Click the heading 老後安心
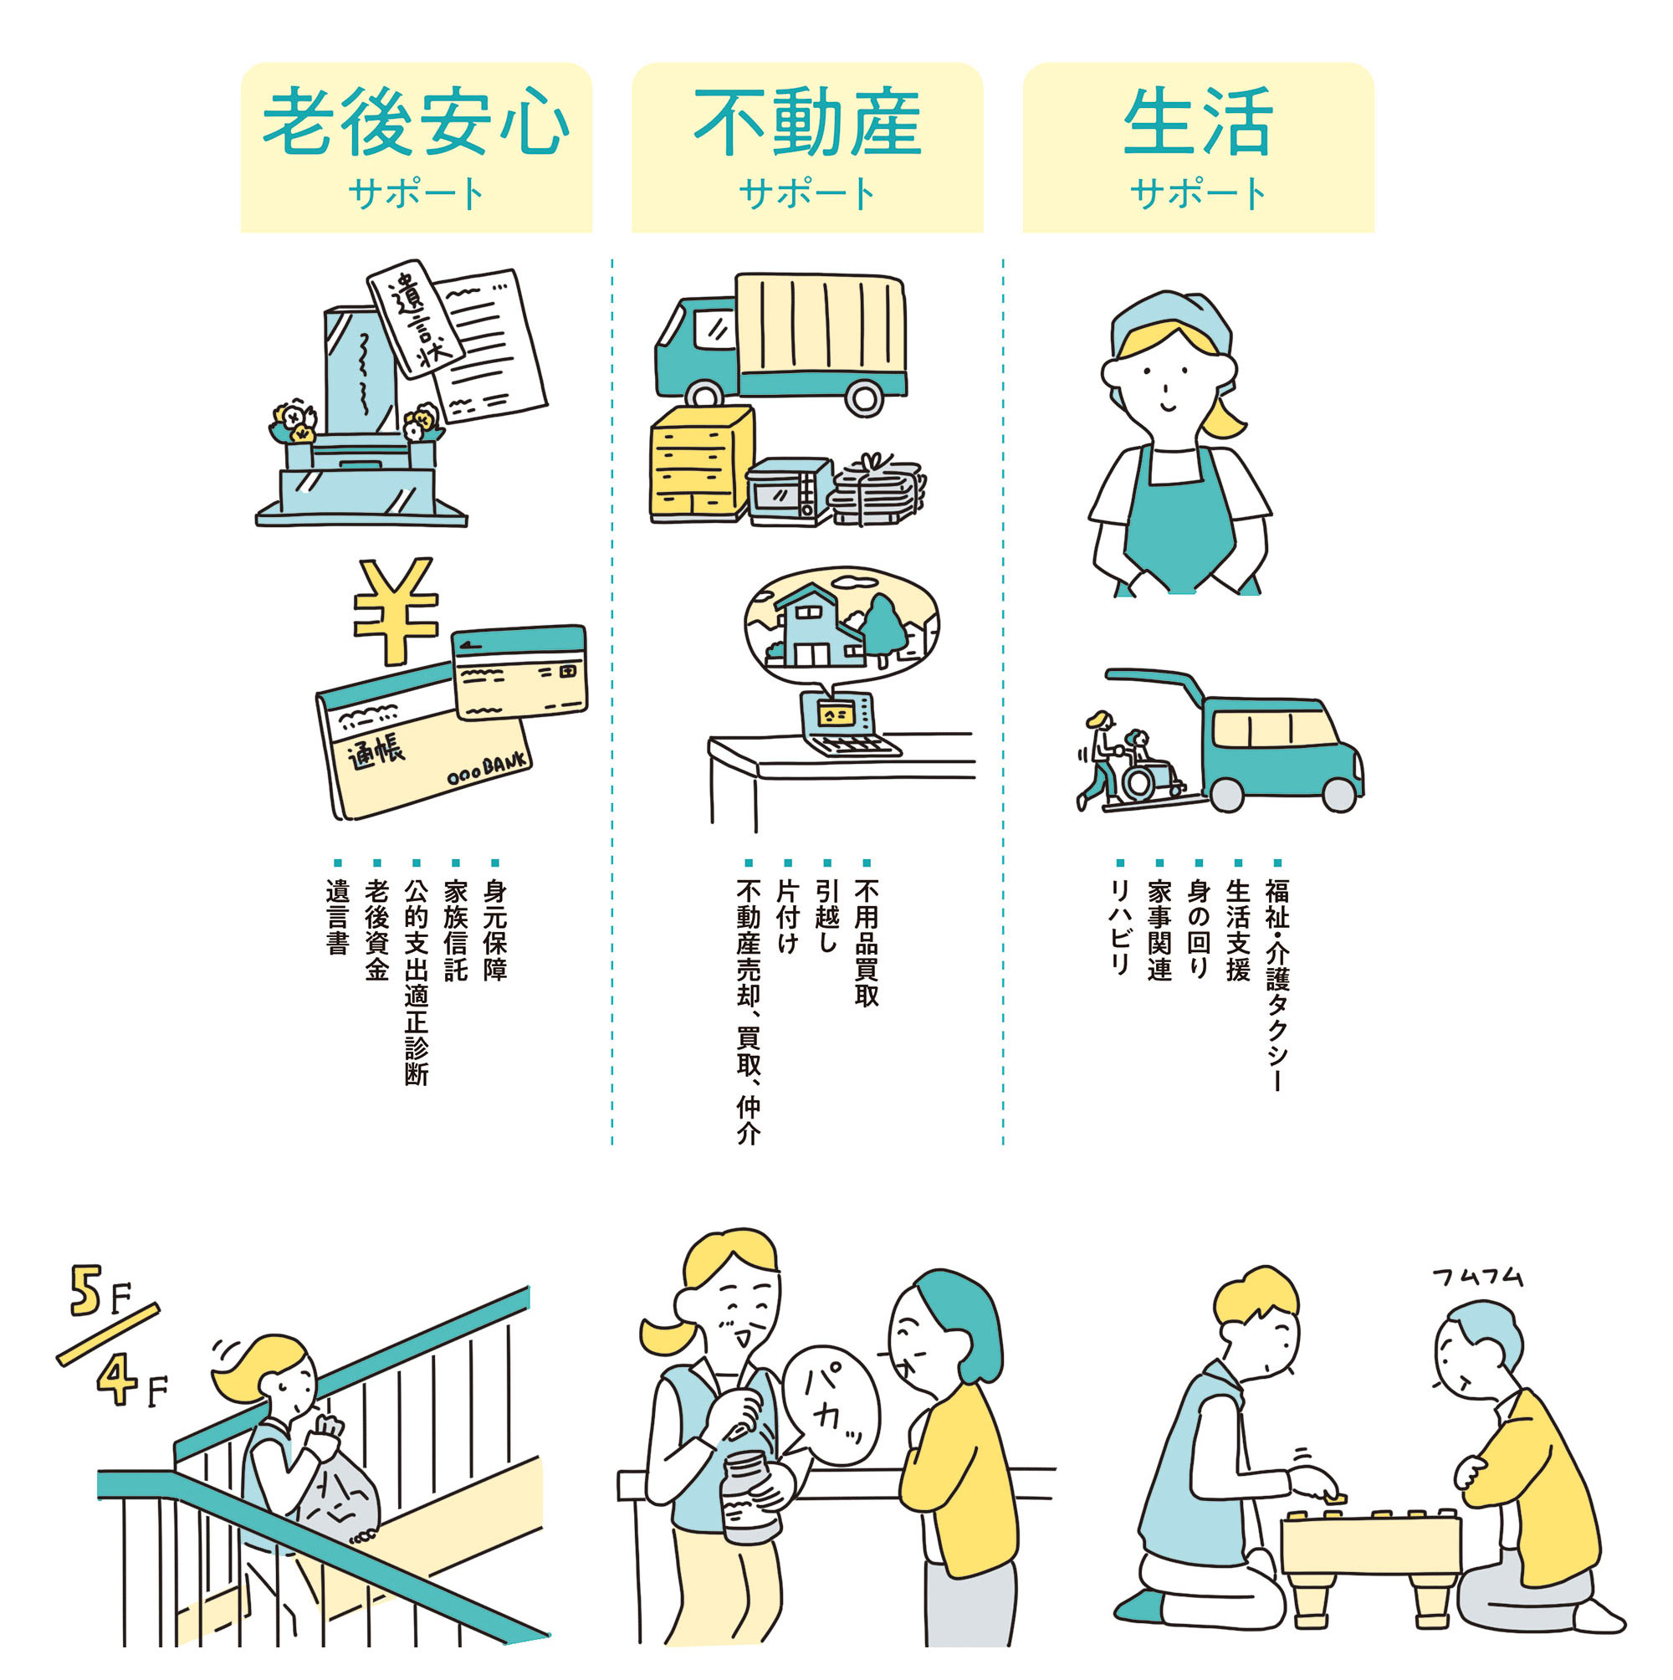(416, 122)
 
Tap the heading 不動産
(807, 122)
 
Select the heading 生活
(1197, 122)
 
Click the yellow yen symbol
(396, 609)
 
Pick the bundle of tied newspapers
(877, 491)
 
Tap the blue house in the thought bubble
(817, 624)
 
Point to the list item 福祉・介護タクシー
(1276, 982)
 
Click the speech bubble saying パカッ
(831, 1405)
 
